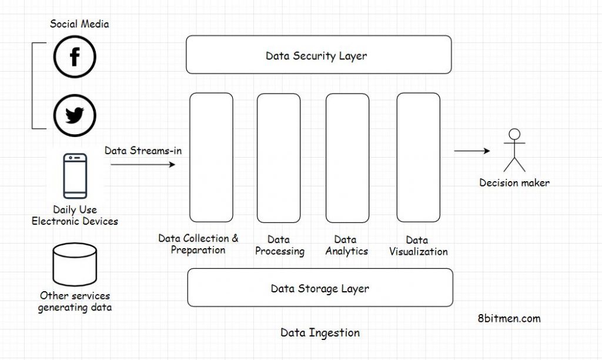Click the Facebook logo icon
pyautogui.click(x=75, y=57)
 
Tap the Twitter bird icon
pyautogui.click(x=75, y=116)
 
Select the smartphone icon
pyautogui.click(x=75, y=176)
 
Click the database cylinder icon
pyautogui.click(x=75, y=265)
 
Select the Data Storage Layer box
pyautogui.click(x=320, y=288)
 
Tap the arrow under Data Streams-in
pyautogui.click(x=143, y=165)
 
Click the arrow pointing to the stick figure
pyautogui.click(x=471, y=151)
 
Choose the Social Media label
pyautogui.click(x=79, y=24)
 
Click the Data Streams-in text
pyautogui.click(x=143, y=151)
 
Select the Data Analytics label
pyautogui.click(x=346, y=246)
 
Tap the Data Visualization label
pyautogui.click(x=418, y=246)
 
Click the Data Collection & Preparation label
pyautogui.click(x=198, y=244)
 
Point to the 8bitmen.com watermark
pyautogui.click(x=509, y=318)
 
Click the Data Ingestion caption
pyautogui.click(x=320, y=333)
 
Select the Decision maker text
pyautogui.click(x=514, y=183)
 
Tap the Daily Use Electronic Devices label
pyautogui.click(x=75, y=215)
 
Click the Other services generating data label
pyautogui.click(x=75, y=301)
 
